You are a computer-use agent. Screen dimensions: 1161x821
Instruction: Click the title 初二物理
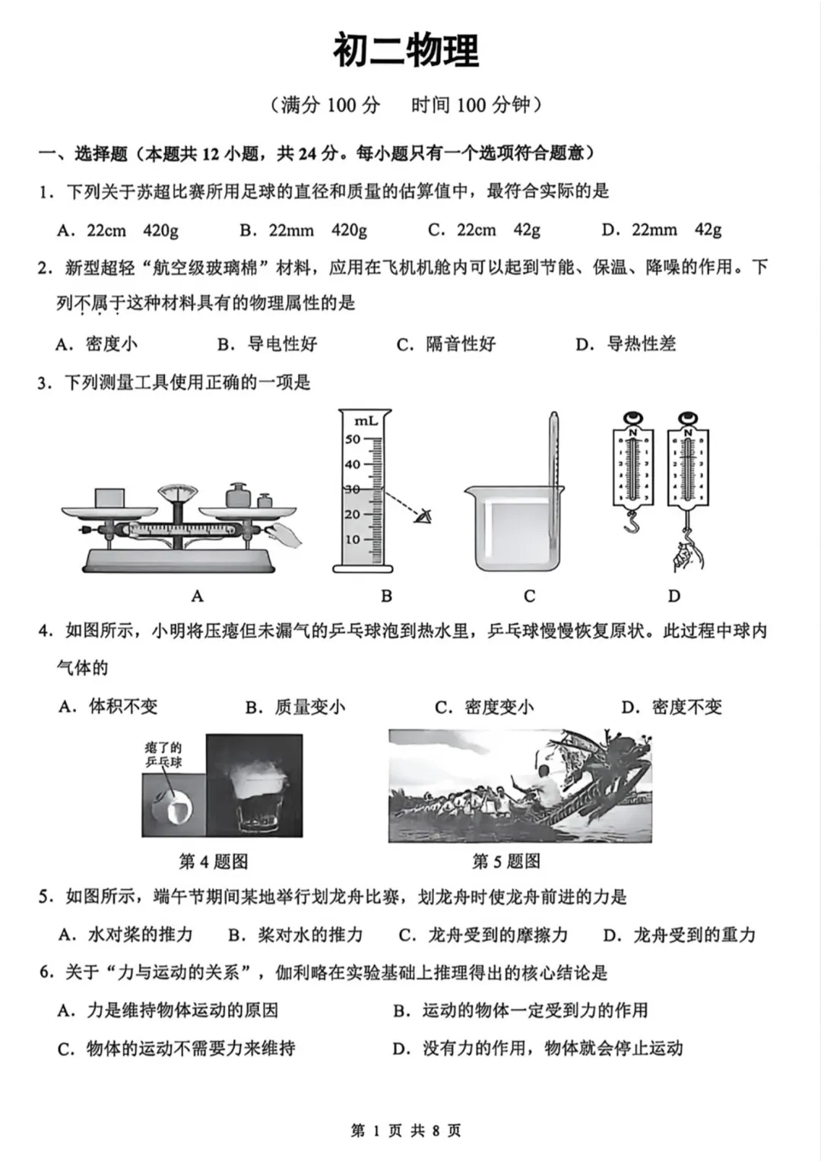tap(406, 52)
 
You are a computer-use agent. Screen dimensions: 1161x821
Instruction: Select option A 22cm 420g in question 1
tap(118, 230)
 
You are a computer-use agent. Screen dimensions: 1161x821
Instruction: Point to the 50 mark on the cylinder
tap(353, 439)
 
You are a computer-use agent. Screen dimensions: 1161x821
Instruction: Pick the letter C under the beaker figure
tap(530, 596)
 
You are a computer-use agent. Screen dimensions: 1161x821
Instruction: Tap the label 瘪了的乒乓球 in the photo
tap(163, 754)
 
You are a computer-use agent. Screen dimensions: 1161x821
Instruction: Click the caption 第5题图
tap(506, 861)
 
